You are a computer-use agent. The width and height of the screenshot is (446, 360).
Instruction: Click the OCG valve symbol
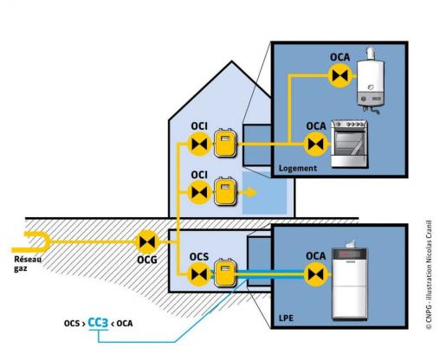(x=147, y=241)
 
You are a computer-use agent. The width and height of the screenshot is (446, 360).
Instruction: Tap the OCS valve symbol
(x=199, y=274)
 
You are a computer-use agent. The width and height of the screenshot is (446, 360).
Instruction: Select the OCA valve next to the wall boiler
(x=340, y=76)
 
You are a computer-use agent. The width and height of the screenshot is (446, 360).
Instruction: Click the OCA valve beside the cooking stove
(x=316, y=144)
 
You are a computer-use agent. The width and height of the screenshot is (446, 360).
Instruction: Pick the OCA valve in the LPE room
(x=316, y=274)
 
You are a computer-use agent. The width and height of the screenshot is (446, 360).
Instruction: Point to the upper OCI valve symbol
(x=199, y=144)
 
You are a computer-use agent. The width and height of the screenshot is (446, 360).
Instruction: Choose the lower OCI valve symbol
(x=199, y=192)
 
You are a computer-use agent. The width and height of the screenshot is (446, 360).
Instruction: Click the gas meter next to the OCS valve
(x=225, y=273)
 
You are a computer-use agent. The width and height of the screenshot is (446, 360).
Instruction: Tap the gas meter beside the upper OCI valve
(x=225, y=143)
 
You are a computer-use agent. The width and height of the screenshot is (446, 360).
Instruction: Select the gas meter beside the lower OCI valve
(x=225, y=191)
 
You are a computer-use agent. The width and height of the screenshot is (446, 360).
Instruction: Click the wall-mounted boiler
(x=371, y=80)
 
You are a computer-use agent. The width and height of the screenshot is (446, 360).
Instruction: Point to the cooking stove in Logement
(x=349, y=144)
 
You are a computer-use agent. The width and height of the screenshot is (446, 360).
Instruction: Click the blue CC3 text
(x=98, y=323)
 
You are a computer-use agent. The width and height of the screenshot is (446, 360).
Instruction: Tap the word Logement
(x=298, y=168)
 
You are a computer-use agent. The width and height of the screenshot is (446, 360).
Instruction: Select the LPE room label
(x=286, y=318)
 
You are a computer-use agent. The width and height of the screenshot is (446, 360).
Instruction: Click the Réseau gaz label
(x=28, y=264)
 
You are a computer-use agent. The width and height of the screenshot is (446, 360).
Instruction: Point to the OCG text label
(x=147, y=260)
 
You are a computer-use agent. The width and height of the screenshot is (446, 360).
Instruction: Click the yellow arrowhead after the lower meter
(x=251, y=192)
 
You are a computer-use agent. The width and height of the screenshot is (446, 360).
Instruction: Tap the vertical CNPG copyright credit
(x=429, y=275)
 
